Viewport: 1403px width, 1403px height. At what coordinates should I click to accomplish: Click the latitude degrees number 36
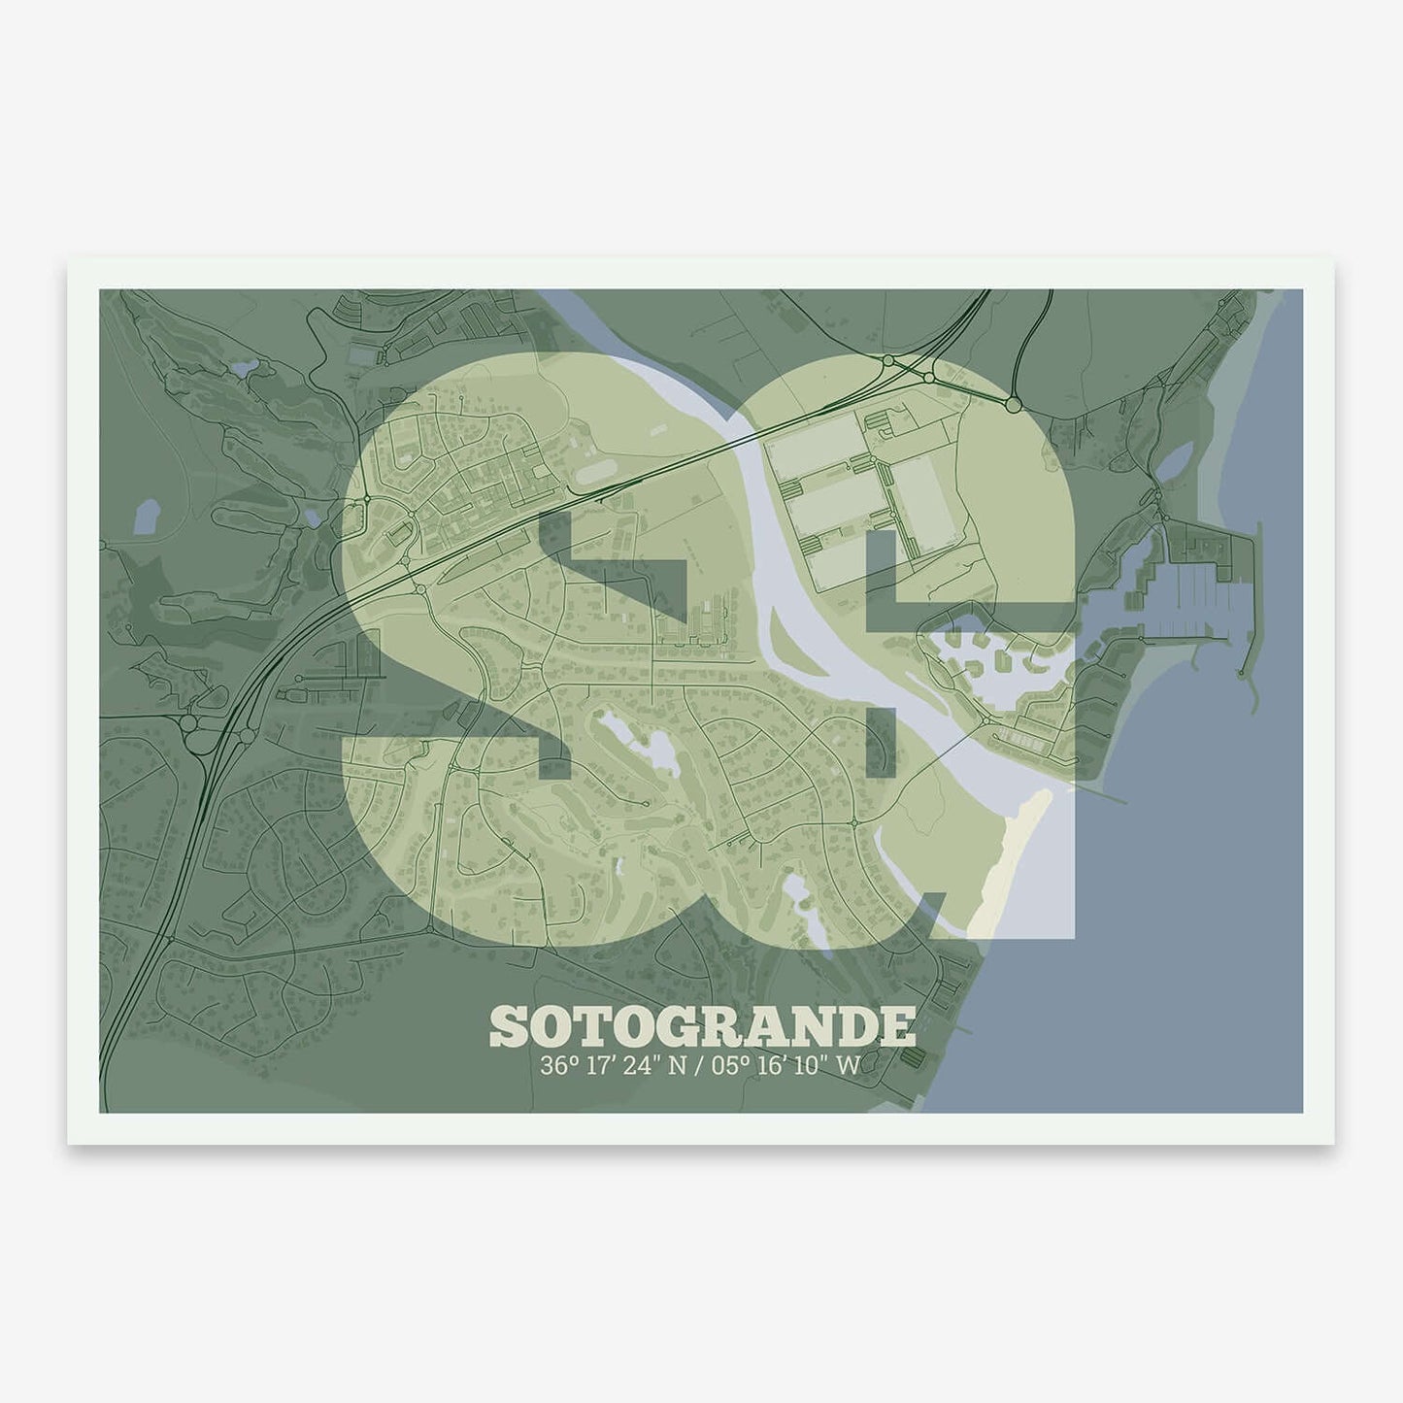tap(553, 1065)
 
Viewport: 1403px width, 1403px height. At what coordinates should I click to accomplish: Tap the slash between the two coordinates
tap(697, 1065)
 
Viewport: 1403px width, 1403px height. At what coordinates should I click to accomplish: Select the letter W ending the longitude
tap(848, 1065)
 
